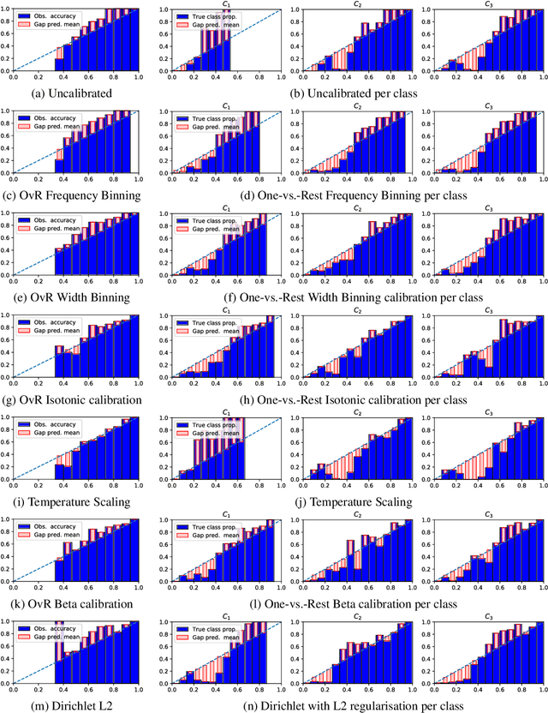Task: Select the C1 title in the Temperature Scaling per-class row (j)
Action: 226,412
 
